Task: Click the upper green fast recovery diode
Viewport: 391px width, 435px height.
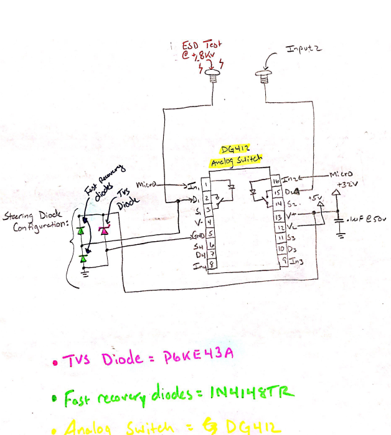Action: tap(81, 230)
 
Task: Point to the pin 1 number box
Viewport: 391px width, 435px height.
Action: tap(205, 184)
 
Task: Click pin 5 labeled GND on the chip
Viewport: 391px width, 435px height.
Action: tap(210, 234)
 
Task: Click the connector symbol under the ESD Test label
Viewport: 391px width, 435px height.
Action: tap(215, 77)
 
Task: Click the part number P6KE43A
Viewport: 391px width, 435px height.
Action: tap(198, 355)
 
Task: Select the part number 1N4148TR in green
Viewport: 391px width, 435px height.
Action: tap(252, 392)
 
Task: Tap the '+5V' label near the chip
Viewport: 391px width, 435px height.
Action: tap(316, 199)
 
